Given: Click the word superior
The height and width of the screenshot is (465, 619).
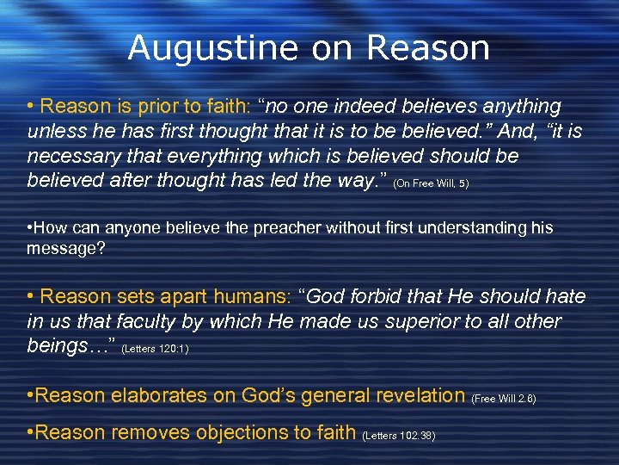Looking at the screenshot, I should click(408, 322).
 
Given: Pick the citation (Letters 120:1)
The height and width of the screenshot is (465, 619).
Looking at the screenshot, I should click(156, 349).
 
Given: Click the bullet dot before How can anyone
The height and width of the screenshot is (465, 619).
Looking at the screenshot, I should click(30, 227).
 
